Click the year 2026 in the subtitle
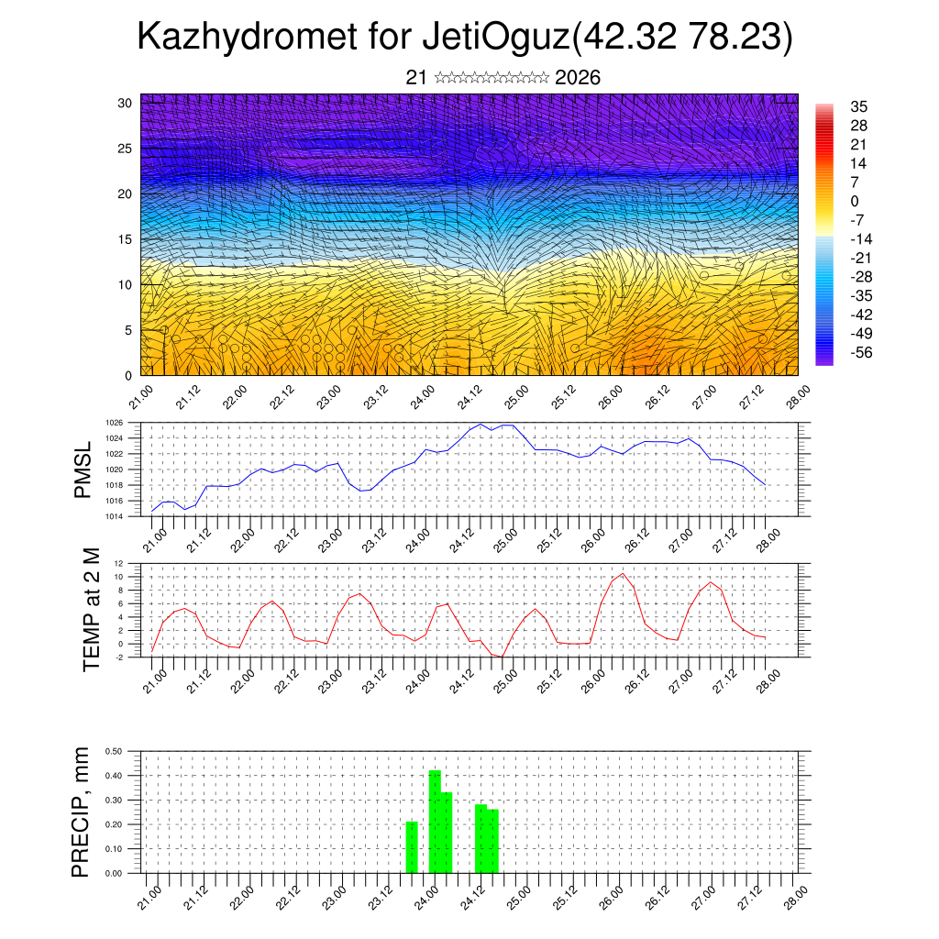(x=578, y=78)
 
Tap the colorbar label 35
(x=858, y=106)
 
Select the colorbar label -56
(x=864, y=352)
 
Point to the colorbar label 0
(x=855, y=201)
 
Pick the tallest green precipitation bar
(x=435, y=821)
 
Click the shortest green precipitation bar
(x=412, y=846)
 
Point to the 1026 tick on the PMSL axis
(x=115, y=423)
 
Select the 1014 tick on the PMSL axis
(x=115, y=517)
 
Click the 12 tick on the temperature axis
(x=118, y=563)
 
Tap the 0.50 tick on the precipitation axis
(x=115, y=751)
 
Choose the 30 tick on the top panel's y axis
(x=123, y=102)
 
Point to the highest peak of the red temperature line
(x=624, y=574)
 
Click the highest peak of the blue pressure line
(x=481, y=424)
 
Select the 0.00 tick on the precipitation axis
(x=115, y=873)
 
